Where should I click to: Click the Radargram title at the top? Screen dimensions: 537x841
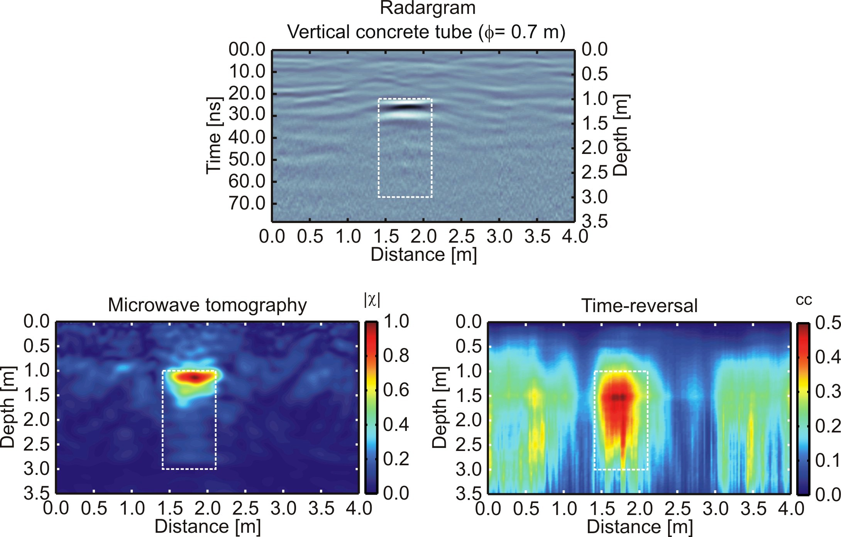pos(427,8)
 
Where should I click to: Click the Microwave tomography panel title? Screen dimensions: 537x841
pos(207,305)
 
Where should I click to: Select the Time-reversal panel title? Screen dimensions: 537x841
pos(639,306)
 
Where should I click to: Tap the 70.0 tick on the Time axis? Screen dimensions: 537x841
pos(247,203)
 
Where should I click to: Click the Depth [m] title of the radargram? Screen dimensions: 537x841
pos(621,135)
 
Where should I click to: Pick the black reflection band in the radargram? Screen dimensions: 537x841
pos(405,107)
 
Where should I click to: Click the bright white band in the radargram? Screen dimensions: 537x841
pos(405,115)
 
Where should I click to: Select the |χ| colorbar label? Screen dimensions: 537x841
pos(372,300)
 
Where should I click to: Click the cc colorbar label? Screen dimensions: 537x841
pos(804,300)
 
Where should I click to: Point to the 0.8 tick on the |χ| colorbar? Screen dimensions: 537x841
pos(396,355)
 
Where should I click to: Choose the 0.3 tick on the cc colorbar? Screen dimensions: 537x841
pos(827,392)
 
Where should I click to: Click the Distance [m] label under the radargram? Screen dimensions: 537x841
pos(423,255)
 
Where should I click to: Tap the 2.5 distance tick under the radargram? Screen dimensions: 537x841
pos(461,236)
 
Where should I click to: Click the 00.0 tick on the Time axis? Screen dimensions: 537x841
pos(247,50)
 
